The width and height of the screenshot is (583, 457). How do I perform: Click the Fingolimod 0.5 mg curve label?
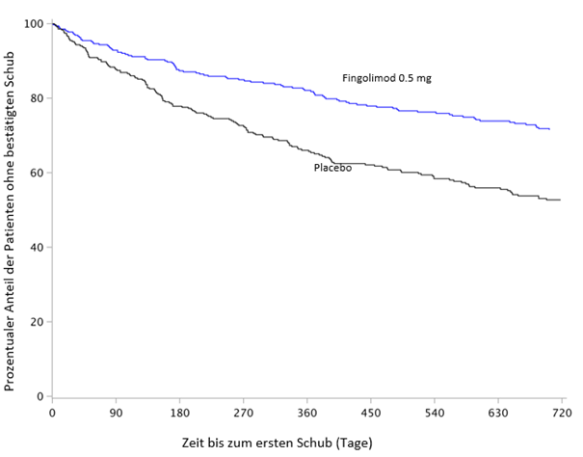point(386,78)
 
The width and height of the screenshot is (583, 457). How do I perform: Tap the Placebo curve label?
point(331,168)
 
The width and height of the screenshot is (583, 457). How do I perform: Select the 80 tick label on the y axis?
point(37,98)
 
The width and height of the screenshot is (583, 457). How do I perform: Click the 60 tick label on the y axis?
point(37,173)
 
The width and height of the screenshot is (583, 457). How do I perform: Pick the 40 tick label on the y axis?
point(37,247)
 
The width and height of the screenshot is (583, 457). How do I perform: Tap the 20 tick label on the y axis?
point(37,322)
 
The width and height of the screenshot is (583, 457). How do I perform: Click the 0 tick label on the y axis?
point(40,396)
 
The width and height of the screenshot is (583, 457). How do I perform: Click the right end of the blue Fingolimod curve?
point(549,128)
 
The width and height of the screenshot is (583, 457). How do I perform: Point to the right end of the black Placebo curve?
point(560,200)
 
